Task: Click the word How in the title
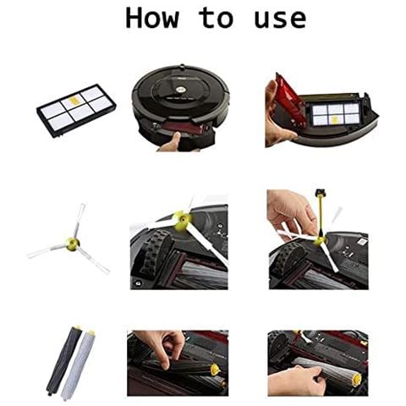pyautogui.click(x=152, y=18)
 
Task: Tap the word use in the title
pyautogui.click(x=280, y=19)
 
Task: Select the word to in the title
pyautogui.click(x=217, y=18)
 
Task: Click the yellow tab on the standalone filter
pyautogui.click(x=74, y=100)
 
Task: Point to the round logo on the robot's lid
pyautogui.click(x=179, y=89)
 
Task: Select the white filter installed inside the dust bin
pyautogui.click(x=336, y=113)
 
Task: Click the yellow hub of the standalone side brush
pyautogui.click(x=73, y=244)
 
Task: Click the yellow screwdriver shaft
pyautogui.click(x=321, y=217)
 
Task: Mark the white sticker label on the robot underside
pyautogui.click(x=364, y=242)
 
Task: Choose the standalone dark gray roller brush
pyautogui.click(x=64, y=360)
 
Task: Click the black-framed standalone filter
pyautogui.click(x=76, y=111)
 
